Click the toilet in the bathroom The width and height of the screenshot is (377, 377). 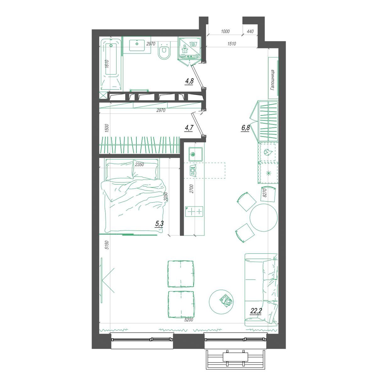click(x=164, y=51)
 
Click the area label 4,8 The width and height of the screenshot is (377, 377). click(x=189, y=81)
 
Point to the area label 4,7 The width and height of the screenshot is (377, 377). click(x=189, y=128)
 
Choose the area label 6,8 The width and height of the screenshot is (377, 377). click(x=246, y=128)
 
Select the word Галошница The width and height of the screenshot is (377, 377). click(x=272, y=80)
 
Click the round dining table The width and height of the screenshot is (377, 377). click(x=264, y=218)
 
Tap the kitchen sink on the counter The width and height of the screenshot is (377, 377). click(x=195, y=154)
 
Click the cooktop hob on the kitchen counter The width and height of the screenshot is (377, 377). click(x=194, y=211)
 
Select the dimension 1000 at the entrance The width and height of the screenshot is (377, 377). click(x=225, y=31)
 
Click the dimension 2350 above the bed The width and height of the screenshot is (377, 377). click(x=139, y=165)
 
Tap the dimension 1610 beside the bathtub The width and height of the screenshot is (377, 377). click(x=107, y=64)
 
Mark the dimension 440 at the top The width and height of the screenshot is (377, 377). click(x=250, y=31)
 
